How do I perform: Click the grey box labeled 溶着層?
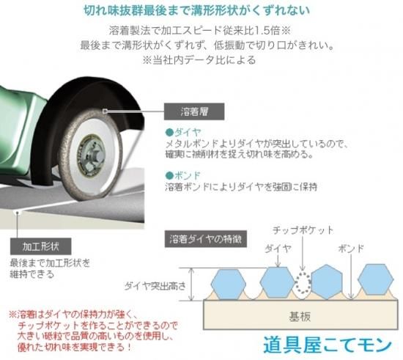(194, 111)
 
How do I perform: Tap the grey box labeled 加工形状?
(40, 246)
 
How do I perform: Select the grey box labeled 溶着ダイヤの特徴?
(206, 239)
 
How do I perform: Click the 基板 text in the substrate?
(300, 317)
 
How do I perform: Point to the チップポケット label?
(303, 230)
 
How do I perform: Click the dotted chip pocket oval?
(303, 283)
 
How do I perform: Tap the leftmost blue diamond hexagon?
(229, 284)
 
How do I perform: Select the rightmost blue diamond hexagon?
(375, 279)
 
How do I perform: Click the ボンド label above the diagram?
(351, 249)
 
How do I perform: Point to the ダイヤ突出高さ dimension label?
(155, 286)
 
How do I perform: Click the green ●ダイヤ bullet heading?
(183, 133)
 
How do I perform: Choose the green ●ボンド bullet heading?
(183, 176)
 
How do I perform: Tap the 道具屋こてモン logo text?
(328, 345)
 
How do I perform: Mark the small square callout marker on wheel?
(105, 111)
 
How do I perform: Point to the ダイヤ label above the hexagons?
(278, 249)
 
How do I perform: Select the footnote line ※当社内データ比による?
(199, 60)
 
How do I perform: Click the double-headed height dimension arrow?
(191, 284)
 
